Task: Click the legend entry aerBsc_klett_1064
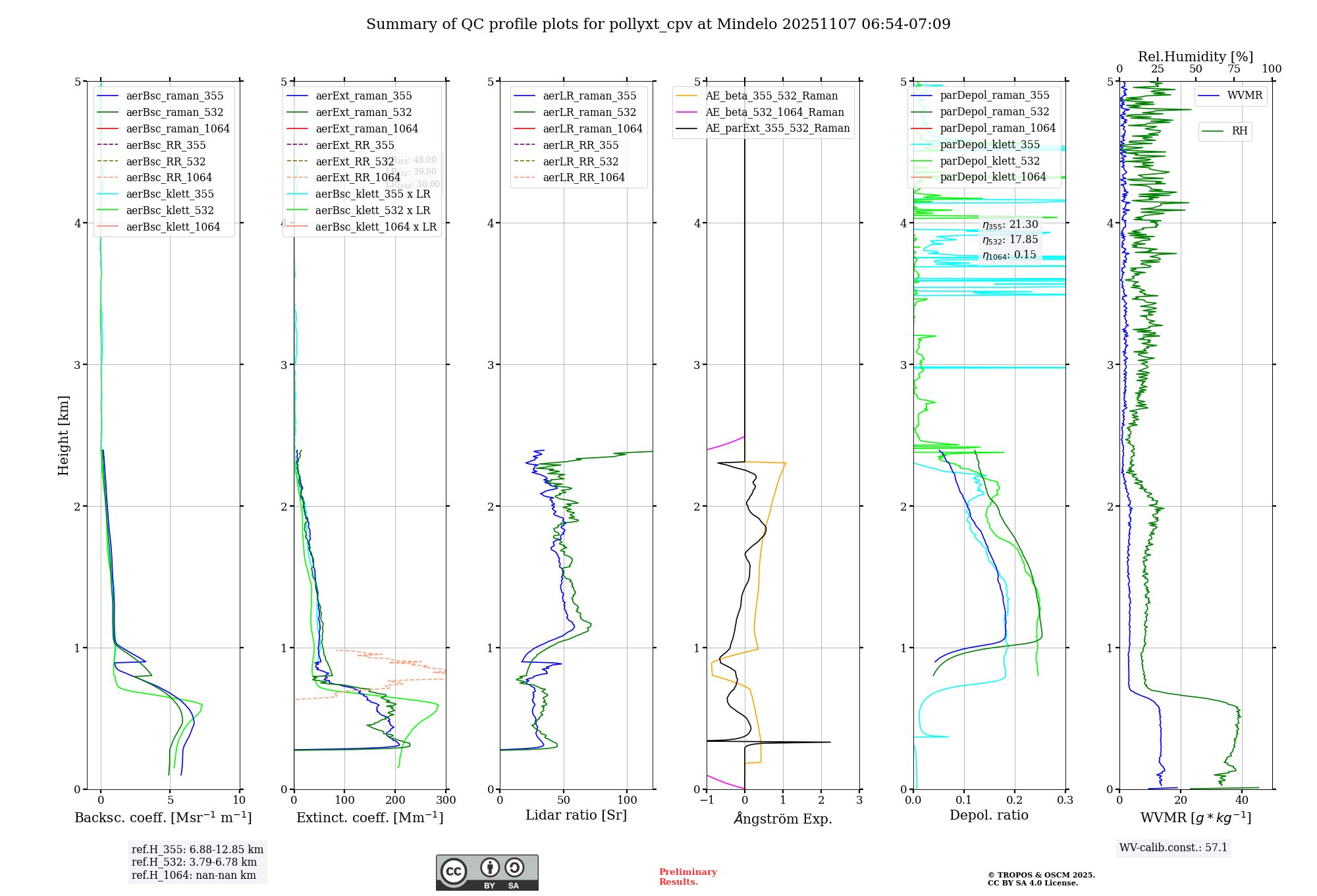[173, 227]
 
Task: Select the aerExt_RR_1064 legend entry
[358, 177]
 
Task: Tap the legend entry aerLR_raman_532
[589, 112]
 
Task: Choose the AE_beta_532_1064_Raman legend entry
[774, 112]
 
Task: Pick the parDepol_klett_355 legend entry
[990, 144]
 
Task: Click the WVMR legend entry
[1245, 96]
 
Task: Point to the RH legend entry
[1239, 131]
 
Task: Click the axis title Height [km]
[63, 435]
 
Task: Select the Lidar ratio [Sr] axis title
[576, 815]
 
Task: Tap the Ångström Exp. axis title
[783, 818]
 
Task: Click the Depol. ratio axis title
[988, 815]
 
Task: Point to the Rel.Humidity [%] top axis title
[1195, 57]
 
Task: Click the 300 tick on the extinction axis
[446, 800]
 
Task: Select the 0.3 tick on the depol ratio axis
[1065, 800]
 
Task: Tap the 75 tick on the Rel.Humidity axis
[1233, 69]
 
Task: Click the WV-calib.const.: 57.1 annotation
[1173, 847]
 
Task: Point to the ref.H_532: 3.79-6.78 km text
[194, 862]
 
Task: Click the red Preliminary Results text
[687, 876]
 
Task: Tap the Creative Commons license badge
[487, 872]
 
